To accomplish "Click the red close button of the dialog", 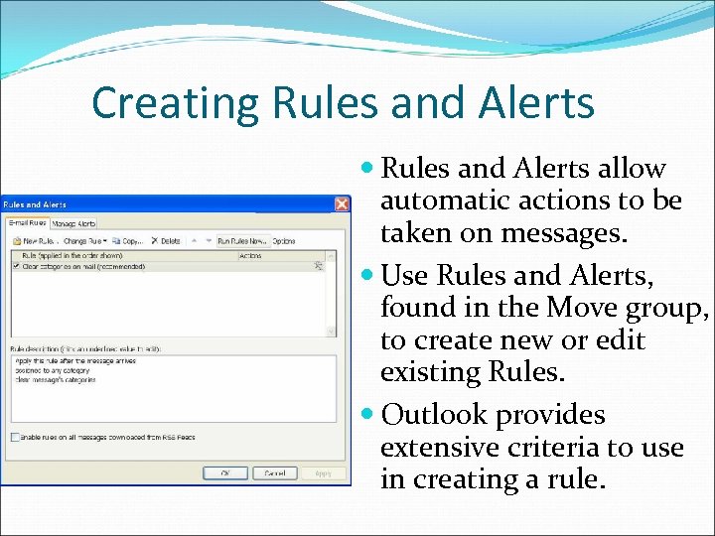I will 341,204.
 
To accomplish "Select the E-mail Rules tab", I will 28,224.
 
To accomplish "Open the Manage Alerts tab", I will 74,224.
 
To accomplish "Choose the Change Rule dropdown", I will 83,241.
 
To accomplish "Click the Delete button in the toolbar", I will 167,241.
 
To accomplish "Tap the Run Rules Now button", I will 242,241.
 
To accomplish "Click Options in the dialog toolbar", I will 284,241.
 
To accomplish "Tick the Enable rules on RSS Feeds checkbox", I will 14,437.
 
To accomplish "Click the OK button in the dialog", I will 225,473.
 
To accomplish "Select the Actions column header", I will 250,256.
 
